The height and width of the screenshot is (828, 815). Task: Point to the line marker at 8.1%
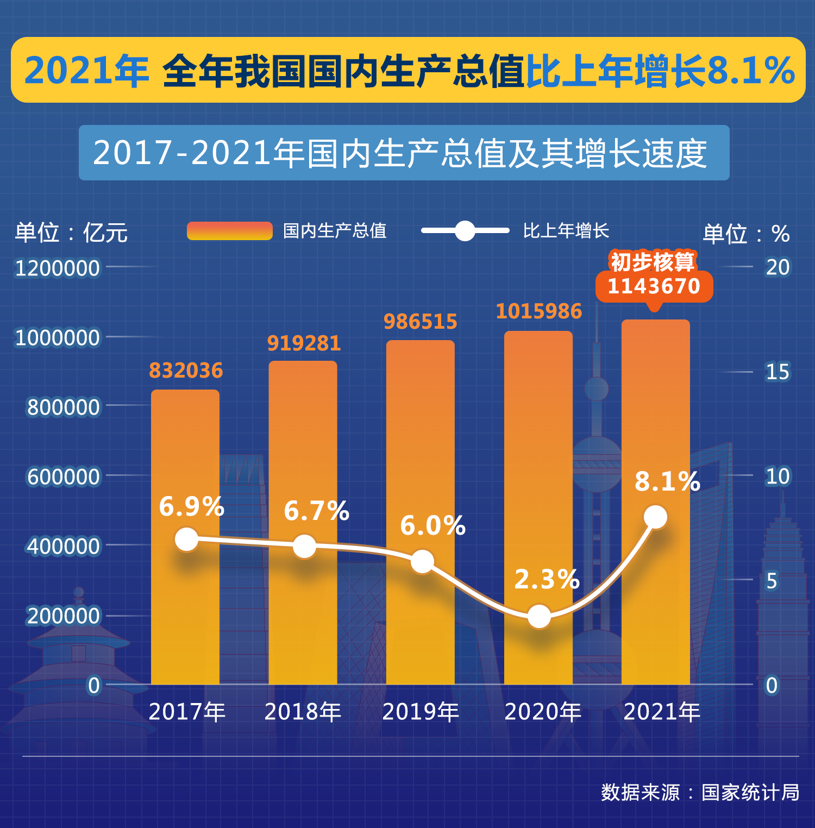(655, 517)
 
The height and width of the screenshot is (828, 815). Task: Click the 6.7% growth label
(316, 511)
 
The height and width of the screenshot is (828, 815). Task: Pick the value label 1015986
(538, 312)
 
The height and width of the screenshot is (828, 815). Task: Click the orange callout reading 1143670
(654, 286)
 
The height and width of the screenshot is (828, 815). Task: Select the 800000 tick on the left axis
(64, 407)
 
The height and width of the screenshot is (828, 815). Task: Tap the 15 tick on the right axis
(777, 372)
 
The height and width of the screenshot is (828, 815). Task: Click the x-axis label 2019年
(421, 712)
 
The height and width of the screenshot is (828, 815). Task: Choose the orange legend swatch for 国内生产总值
(229, 231)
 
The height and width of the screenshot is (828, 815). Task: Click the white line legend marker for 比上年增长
(465, 231)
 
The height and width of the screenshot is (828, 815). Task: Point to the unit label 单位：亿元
(71, 233)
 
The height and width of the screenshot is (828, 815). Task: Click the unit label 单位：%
(746, 234)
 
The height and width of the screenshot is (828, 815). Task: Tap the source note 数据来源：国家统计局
(700, 792)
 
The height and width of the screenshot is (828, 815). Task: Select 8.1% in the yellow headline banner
(751, 71)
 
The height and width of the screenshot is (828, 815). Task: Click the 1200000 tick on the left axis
(58, 268)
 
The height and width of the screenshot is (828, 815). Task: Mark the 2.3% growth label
(547, 580)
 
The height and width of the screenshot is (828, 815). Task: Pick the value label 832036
(186, 371)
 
